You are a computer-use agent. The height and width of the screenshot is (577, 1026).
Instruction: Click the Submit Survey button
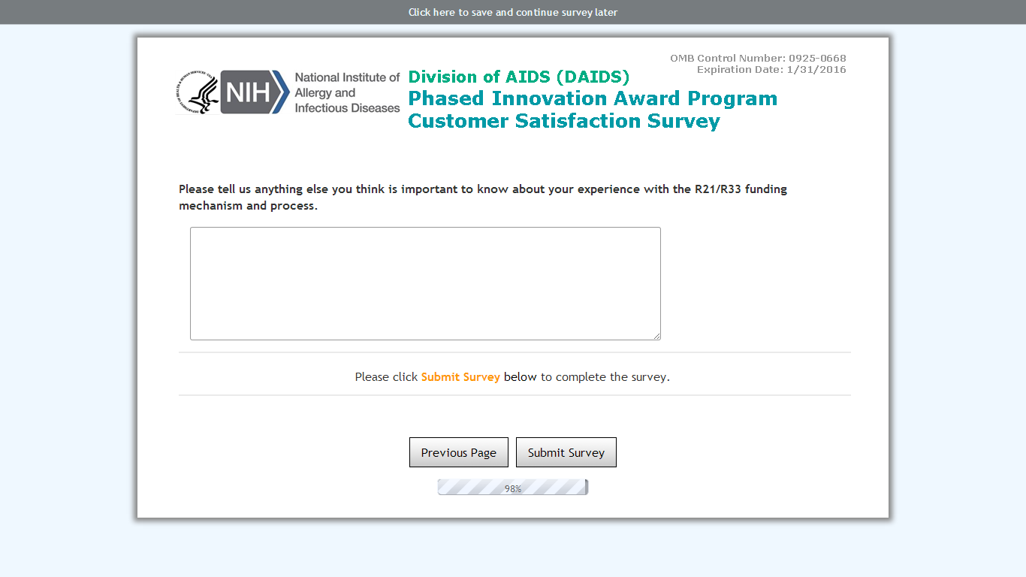coord(566,452)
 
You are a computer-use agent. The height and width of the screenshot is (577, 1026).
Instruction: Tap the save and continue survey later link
coord(513,12)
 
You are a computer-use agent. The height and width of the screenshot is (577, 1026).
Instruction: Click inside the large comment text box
coord(426,284)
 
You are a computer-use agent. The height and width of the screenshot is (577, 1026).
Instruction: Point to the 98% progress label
coord(513,489)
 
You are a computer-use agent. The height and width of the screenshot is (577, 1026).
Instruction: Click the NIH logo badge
coord(255,92)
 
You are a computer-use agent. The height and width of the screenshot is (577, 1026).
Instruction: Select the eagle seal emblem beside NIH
coord(198,92)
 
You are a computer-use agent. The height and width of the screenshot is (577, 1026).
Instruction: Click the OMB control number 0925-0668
coord(817,58)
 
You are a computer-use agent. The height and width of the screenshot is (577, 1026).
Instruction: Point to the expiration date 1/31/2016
coord(816,70)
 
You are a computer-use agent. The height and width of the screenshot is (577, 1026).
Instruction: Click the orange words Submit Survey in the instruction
coord(460,377)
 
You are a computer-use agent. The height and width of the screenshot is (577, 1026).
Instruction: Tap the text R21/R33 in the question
coord(718,189)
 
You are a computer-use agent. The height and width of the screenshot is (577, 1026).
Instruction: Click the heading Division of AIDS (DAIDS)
coord(519,77)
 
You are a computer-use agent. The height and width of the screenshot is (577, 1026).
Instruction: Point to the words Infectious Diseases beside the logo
coord(347,108)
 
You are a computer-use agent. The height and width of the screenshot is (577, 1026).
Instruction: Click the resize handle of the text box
coord(657,337)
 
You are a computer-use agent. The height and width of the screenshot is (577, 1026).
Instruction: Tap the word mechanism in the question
coord(211,206)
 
